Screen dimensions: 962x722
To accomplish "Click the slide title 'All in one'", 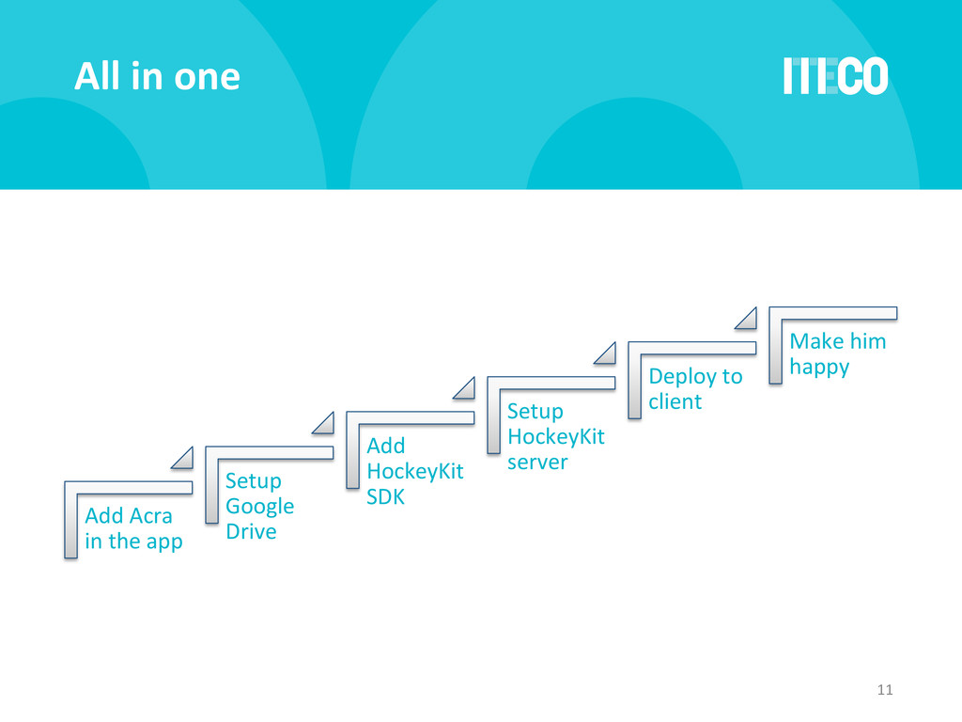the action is (157, 76).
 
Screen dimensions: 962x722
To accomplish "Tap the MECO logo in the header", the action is (835, 76).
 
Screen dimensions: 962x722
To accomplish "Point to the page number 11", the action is (883, 691).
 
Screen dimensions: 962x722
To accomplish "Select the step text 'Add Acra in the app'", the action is (133, 528).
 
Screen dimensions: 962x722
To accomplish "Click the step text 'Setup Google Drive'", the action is (259, 506).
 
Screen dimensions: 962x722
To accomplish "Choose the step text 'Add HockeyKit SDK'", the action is (414, 471).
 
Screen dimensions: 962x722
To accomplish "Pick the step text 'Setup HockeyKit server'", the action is (555, 436).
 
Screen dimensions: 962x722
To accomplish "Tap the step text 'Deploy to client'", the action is (694, 388).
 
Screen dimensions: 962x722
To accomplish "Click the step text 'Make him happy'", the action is (837, 353).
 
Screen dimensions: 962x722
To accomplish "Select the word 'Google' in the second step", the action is (259, 506).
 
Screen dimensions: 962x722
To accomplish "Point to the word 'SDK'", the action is (385, 496).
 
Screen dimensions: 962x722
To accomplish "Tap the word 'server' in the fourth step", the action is (537, 462).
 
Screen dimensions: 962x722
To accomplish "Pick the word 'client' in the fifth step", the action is (675, 401).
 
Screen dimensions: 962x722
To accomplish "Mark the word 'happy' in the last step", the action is (819, 367).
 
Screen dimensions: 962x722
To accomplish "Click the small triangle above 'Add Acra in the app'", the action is (185, 459).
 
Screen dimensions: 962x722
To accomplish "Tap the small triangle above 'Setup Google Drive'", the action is (325, 423).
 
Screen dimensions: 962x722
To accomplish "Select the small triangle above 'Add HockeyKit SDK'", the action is (466, 388).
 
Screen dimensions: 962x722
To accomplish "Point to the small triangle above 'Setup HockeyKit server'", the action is (607, 353).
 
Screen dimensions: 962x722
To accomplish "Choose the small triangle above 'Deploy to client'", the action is (747, 319).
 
